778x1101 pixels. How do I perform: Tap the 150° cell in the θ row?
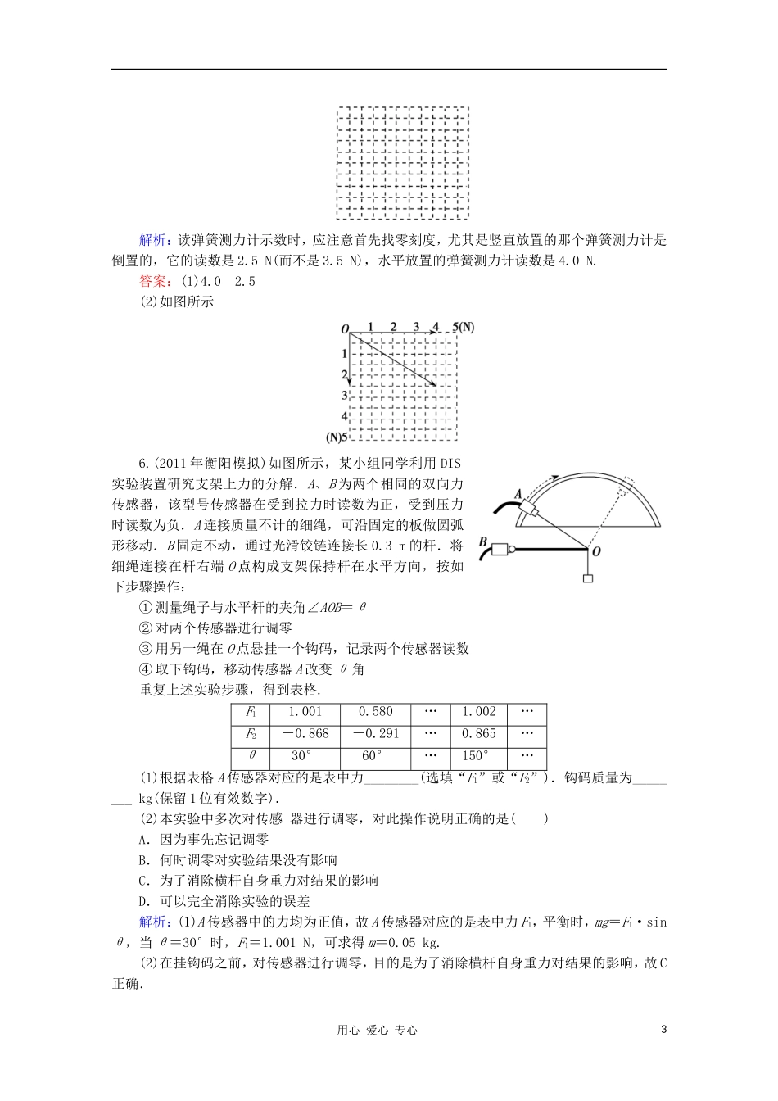tap(478, 756)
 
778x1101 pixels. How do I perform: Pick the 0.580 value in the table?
tap(375, 712)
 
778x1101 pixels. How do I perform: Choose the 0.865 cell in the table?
tap(478, 734)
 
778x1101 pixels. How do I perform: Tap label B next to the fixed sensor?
tap(482, 542)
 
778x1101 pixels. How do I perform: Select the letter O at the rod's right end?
tap(596, 551)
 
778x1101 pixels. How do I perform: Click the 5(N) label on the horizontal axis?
tap(464, 327)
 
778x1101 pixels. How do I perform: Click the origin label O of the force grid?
tap(344, 328)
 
